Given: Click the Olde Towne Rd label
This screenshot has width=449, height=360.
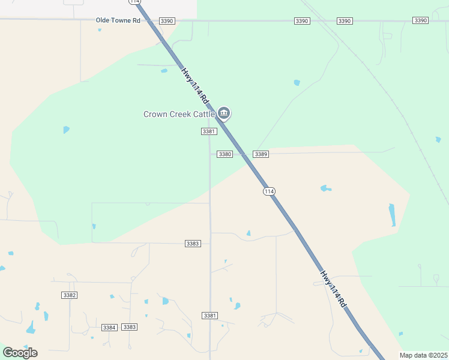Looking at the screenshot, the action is pos(118,20).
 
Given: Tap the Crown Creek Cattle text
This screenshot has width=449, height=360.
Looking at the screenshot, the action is pos(179,114).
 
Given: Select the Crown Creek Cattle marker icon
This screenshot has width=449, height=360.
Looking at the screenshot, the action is pos(224,112).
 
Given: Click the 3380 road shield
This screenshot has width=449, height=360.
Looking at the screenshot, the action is pos(224,154).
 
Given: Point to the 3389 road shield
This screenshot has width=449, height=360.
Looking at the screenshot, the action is pos(261,154).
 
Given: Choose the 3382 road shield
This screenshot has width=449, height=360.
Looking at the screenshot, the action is pos(70,295).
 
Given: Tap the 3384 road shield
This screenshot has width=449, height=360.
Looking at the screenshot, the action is pos(109,327).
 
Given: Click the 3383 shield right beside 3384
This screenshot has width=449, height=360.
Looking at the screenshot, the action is pos(129,327).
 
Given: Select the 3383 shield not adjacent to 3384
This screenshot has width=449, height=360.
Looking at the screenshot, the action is pos(193,244).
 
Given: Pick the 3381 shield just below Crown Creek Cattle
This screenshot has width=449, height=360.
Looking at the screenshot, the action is pos(208,131).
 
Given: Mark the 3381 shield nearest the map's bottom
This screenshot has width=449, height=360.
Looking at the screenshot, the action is pos(209,316).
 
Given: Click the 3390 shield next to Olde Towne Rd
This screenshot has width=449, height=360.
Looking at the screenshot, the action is pos(167,21).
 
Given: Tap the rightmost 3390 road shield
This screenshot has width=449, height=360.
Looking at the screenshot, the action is pos(420,21).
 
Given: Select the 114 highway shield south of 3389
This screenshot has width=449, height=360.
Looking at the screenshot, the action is pos(269,191).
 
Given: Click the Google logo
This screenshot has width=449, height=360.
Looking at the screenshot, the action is pos(20,353).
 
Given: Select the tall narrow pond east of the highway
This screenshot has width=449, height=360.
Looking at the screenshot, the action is pos(393,215).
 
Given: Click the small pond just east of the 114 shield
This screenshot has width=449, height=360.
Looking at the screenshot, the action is pos(325,188).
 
